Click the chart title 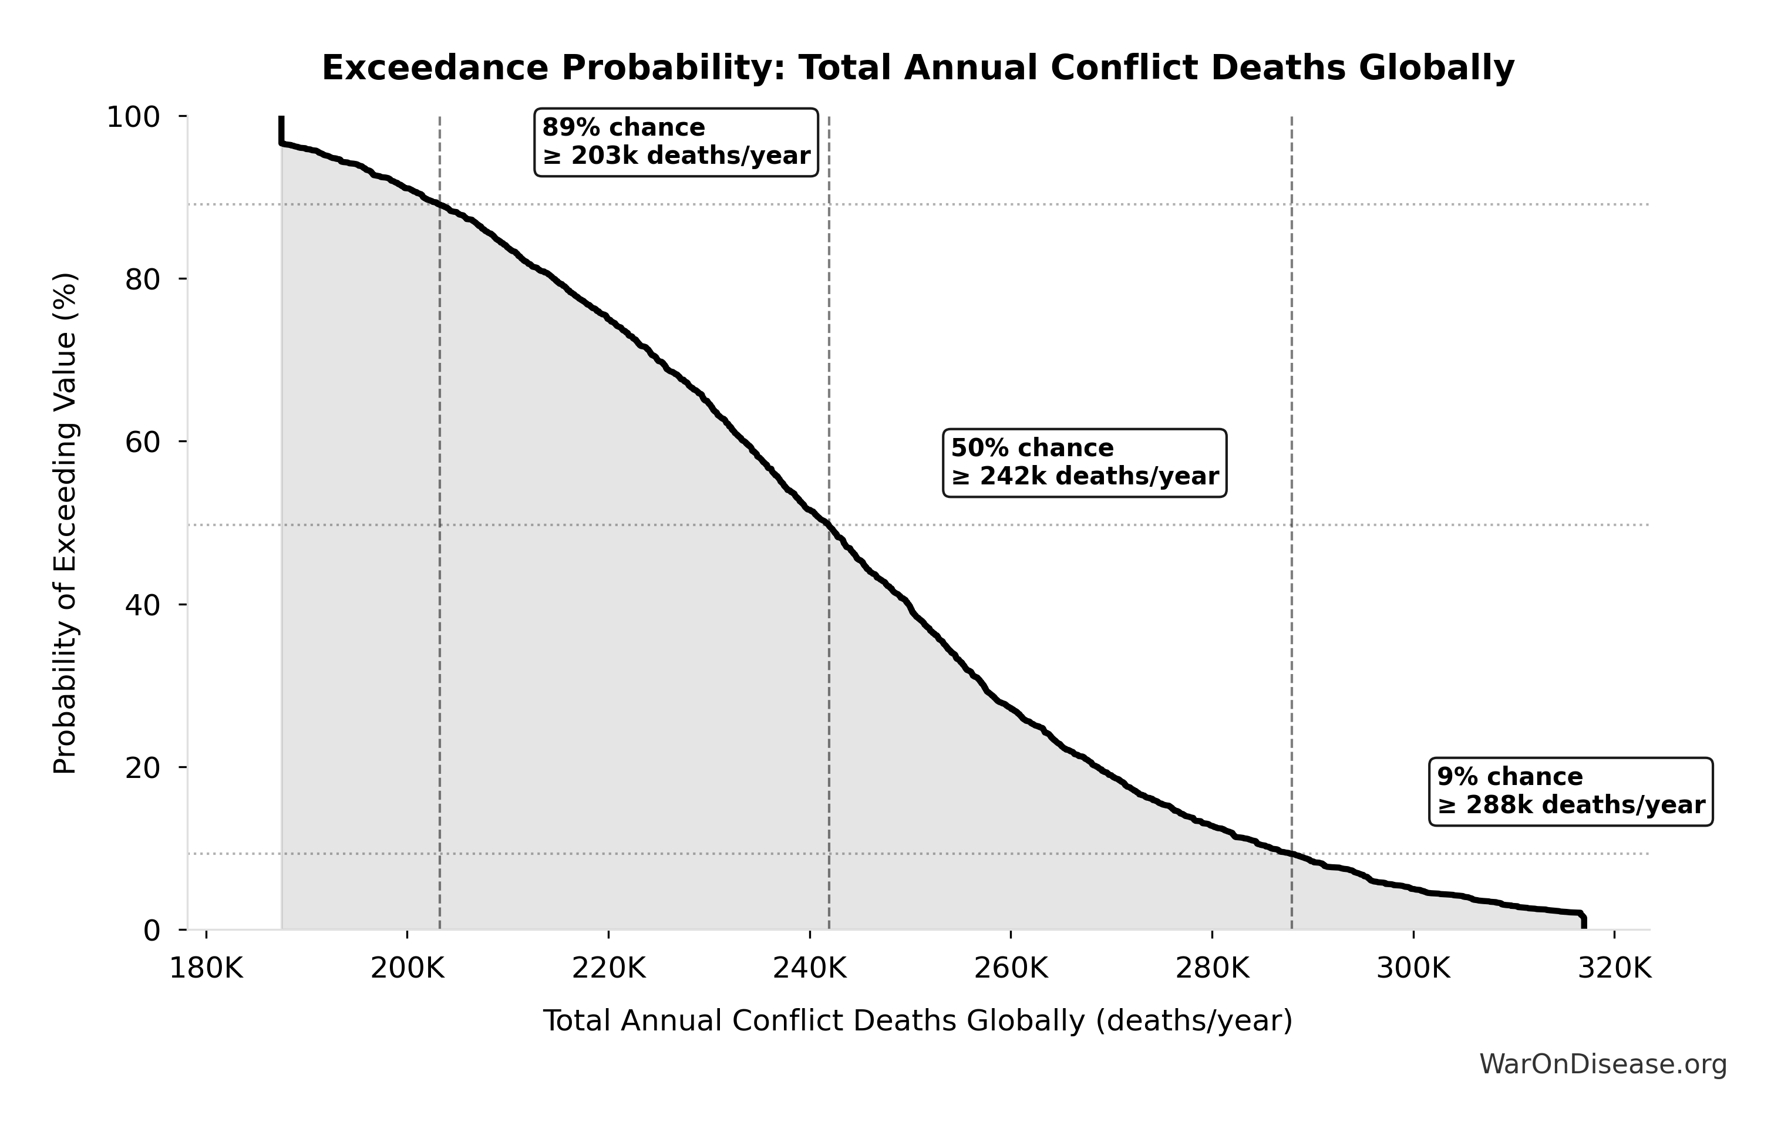918,68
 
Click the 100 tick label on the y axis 133,117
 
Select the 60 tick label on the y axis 142,442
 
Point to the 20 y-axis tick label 142,767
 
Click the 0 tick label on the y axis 151,930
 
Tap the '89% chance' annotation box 676,142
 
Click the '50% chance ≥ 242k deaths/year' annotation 1085,462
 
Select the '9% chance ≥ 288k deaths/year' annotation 1571,791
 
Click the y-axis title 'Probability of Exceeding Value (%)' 65,524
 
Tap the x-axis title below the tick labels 918,1021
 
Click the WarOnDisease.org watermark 1602,1064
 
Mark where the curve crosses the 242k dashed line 829,525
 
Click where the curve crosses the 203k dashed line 440,205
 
